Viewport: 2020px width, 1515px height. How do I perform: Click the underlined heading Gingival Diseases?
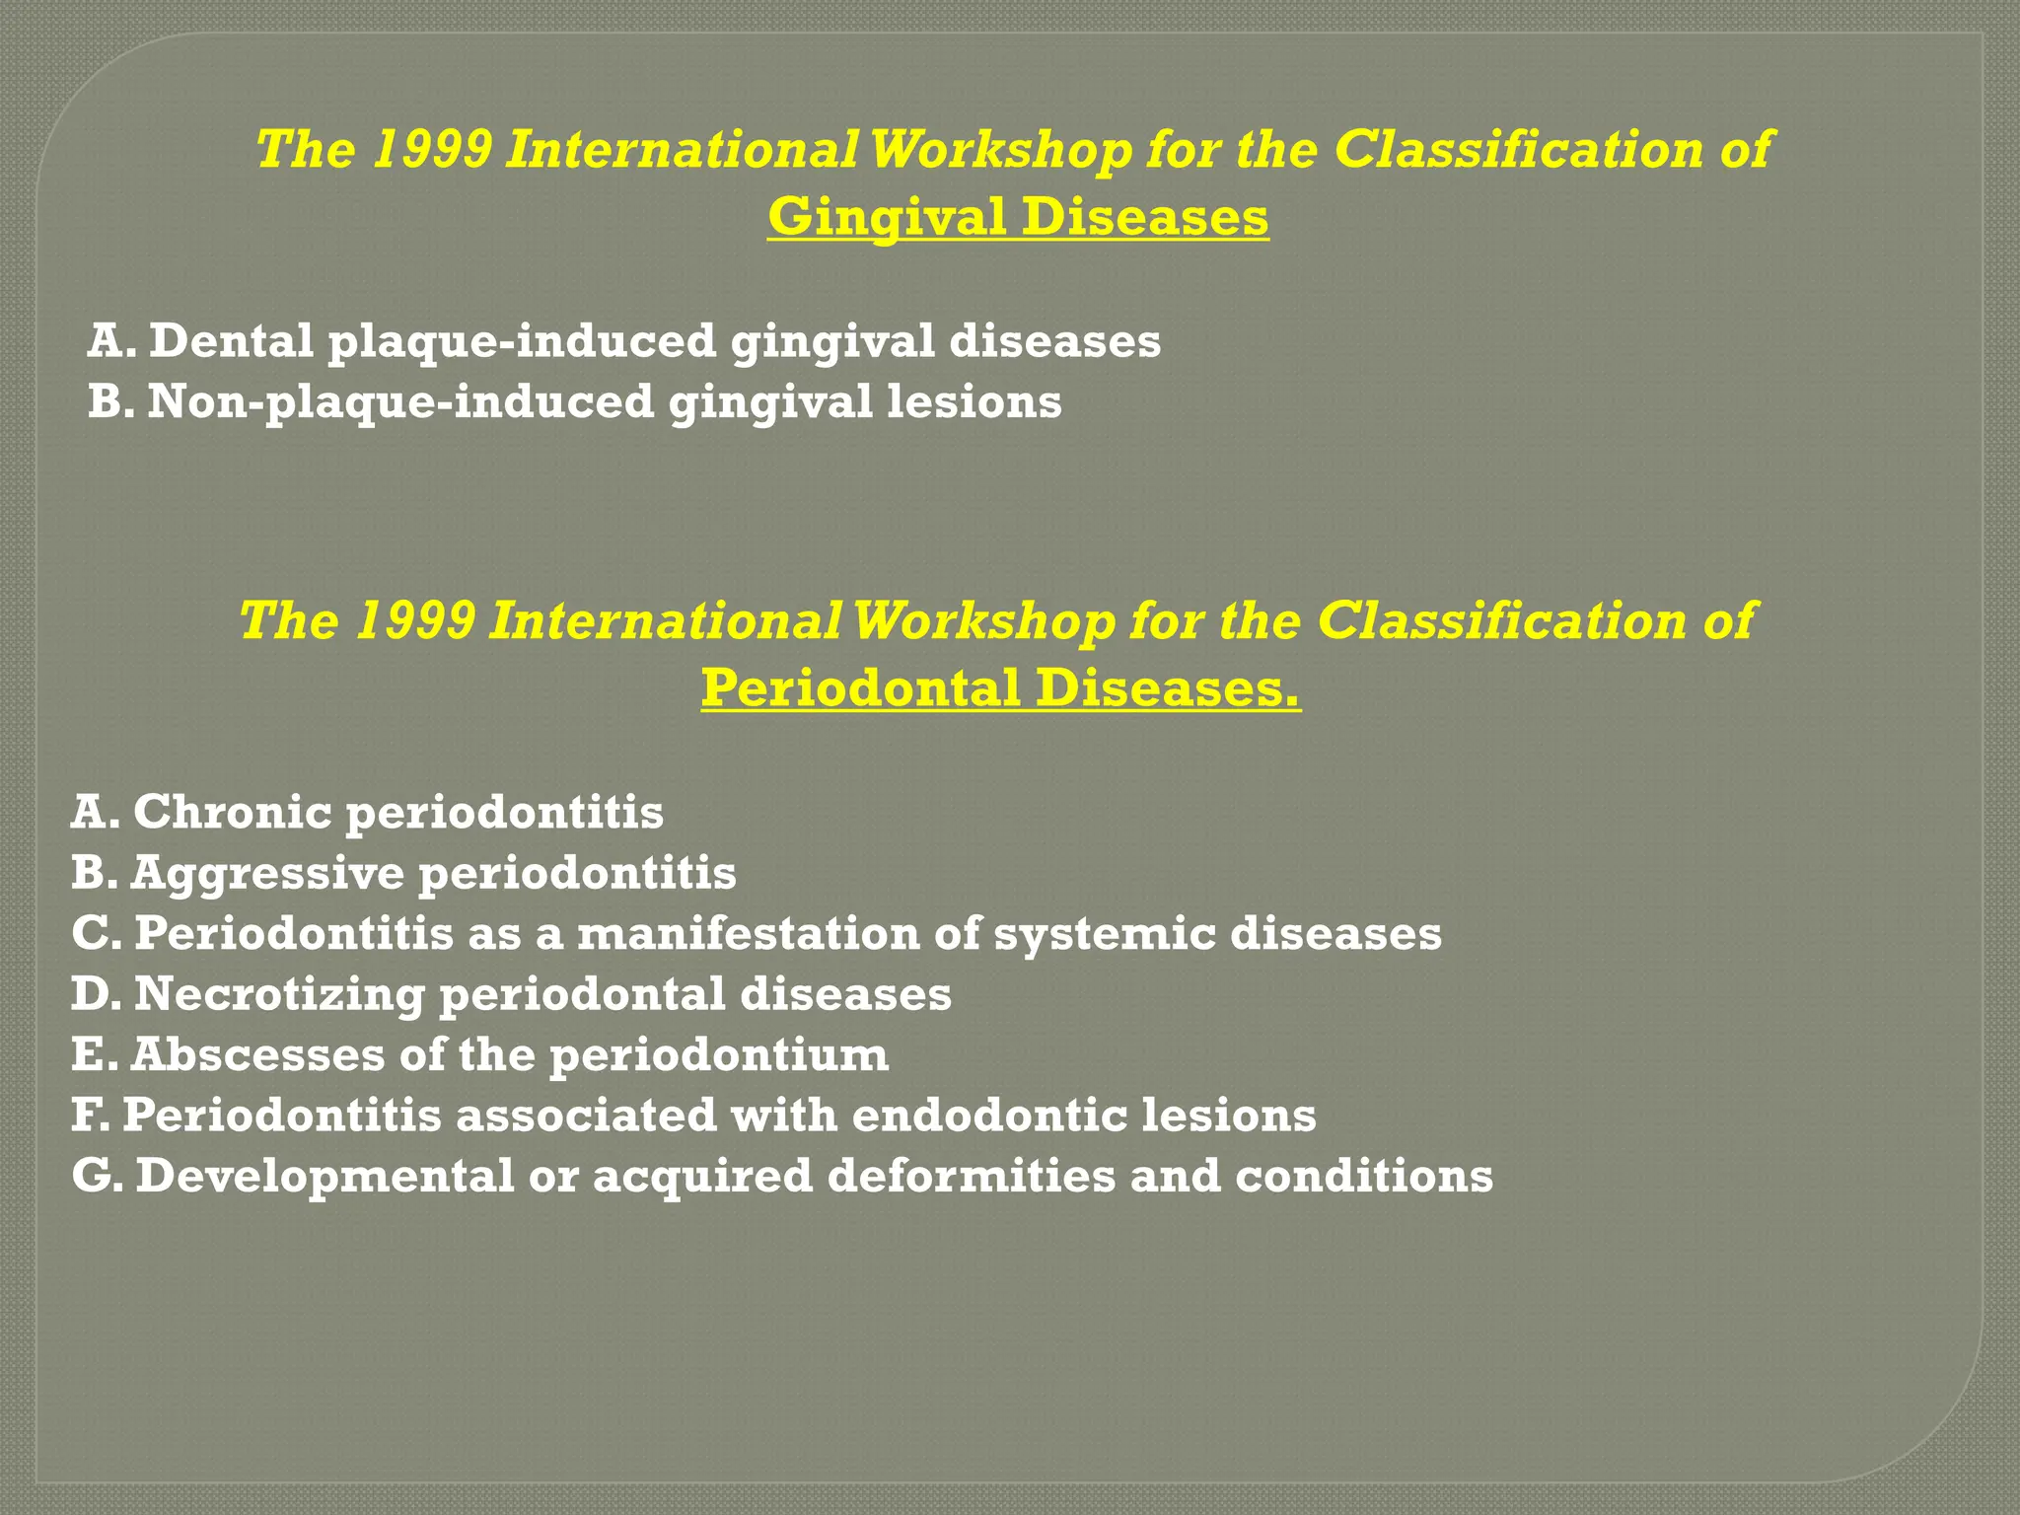[1018, 217]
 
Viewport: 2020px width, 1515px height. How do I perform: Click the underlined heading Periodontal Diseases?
[1000, 687]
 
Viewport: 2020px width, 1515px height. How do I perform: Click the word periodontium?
[719, 1056]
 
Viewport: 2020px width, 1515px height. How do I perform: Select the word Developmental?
[325, 1177]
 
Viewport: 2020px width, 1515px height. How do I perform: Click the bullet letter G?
[94, 1176]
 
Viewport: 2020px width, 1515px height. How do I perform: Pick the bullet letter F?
[90, 1116]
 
